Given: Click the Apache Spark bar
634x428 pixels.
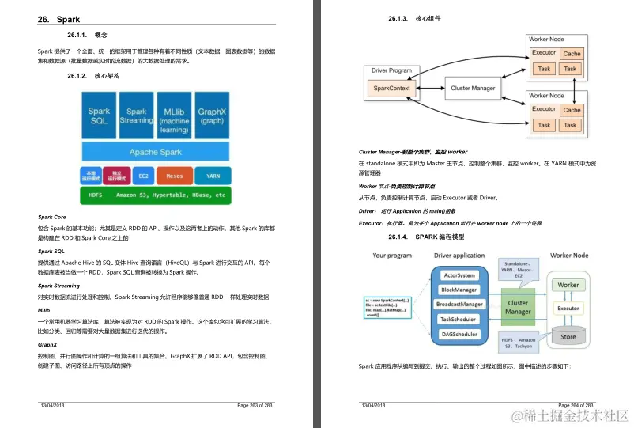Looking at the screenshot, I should tap(155, 152).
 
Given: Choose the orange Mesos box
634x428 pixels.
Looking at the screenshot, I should tap(175, 176).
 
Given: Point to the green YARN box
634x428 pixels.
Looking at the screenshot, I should tap(213, 176).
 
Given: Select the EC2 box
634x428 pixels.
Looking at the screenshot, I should tap(143, 176).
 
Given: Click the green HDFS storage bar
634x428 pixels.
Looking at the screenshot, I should tap(155, 195).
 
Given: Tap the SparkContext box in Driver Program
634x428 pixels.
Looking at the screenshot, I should tap(391, 89).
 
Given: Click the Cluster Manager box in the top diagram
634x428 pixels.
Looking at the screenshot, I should tap(472, 89).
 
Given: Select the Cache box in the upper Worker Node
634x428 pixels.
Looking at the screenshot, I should tap(572, 54).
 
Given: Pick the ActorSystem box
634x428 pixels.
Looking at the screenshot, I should tap(459, 275).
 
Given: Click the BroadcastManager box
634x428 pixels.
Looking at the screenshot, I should tap(459, 305).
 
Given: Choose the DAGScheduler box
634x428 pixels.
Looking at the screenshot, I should tap(459, 335).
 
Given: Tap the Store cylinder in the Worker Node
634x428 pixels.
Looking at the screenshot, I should tap(568, 335).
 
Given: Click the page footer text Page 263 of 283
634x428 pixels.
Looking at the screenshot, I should tap(255, 404).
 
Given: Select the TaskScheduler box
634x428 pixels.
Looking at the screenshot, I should tap(459, 320).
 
